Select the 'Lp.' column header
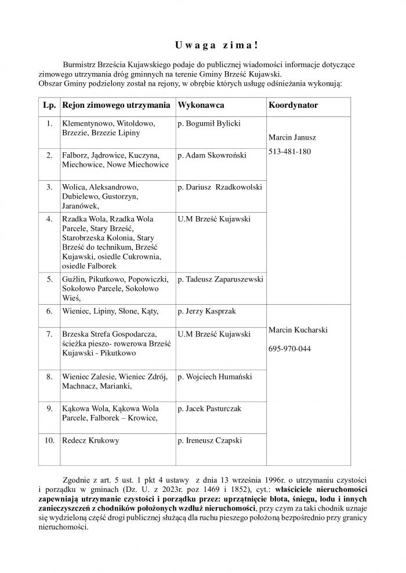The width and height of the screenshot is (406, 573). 49,106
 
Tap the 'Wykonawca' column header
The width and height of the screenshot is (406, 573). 201,106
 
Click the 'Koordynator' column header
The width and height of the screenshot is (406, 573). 293,106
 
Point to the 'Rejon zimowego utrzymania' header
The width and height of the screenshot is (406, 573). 116,106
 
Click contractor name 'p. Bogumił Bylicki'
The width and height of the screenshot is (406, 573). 209,123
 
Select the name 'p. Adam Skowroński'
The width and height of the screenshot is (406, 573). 212,155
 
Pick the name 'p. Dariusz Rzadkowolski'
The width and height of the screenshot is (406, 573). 220,187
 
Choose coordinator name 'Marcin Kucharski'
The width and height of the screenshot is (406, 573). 298,330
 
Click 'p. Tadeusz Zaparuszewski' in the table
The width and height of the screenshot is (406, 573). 220,279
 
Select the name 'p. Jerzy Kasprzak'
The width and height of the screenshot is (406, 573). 206,311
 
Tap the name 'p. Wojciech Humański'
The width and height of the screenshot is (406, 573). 215,377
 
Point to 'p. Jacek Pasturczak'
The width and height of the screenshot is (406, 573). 209,408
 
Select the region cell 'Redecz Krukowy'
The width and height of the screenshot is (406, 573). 90,440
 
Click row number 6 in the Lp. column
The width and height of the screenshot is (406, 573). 49,311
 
